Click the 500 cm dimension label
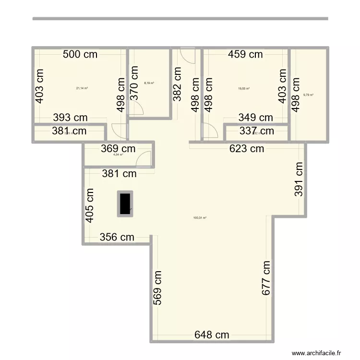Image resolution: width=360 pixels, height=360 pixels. [x=80, y=54]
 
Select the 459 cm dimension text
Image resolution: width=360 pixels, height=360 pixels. [x=245, y=54]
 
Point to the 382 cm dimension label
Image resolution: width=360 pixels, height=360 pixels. [x=178, y=84]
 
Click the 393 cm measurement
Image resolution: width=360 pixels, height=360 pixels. [x=70, y=117]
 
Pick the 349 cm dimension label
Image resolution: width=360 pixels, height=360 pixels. [x=255, y=117]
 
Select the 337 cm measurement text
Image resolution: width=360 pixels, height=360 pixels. [x=257, y=131]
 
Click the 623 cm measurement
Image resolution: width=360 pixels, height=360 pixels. [x=247, y=148]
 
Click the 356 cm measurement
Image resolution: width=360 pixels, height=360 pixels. [x=117, y=237]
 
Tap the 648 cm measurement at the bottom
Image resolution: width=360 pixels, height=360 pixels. [x=212, y=335]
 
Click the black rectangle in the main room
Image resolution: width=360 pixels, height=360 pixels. [x=125, y=204]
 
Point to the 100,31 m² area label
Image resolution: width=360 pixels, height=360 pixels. [x=200, y=217]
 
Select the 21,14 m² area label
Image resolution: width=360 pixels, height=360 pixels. [x=82, y=88]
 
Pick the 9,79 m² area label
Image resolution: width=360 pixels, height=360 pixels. [x=308, y=95]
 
